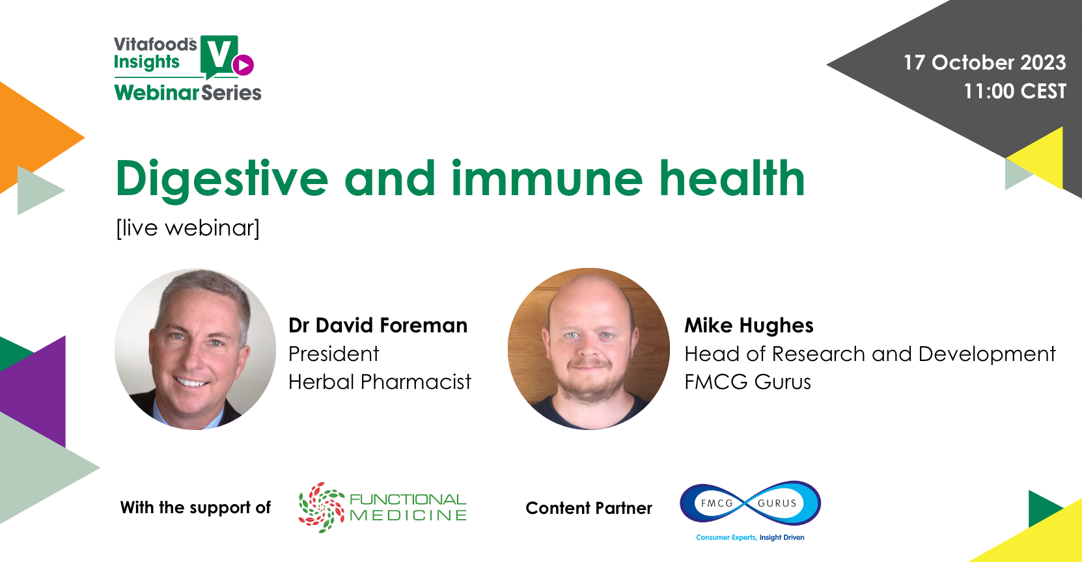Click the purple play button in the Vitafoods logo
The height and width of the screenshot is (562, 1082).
click(243, 65)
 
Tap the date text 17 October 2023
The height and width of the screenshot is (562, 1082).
click(984, 62)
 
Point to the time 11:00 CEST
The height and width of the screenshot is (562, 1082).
click(1015, 91)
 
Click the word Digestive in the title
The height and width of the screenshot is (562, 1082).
click(222, 180)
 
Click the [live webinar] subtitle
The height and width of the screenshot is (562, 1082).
click(188, 228)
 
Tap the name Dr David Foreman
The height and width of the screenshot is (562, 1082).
click(378, 325)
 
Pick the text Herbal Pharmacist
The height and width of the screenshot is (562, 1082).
click(380, 381)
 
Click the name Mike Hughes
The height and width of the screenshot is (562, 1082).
click(749, 326)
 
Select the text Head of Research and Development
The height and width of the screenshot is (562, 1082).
click(870, 354)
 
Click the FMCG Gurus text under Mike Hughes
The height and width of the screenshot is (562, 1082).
click(747, 381)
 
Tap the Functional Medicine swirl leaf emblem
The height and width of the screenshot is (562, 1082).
click(321, 507)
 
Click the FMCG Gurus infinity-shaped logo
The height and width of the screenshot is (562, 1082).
click(750, 503)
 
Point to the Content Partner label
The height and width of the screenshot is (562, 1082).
click(589, 508)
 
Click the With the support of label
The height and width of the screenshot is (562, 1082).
click(195, 507)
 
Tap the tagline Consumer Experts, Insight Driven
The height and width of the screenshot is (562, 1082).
click(750, 537)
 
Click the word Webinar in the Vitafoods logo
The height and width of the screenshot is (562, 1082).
click(157, 92)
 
